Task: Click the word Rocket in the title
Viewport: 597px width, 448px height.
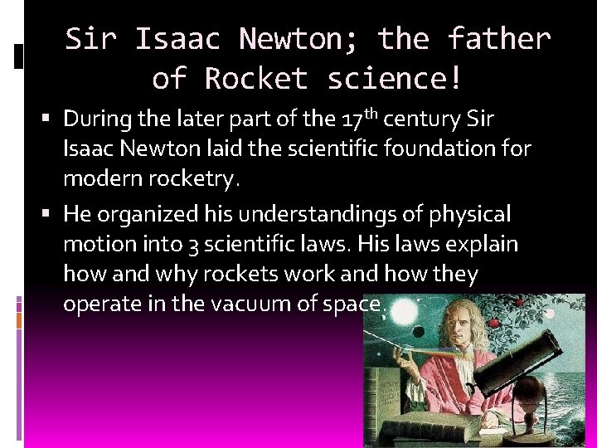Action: [256, 79]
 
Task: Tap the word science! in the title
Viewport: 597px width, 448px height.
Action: [395, 79]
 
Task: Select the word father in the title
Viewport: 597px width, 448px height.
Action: [498, 38]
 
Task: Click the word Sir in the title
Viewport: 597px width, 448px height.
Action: [90, 38]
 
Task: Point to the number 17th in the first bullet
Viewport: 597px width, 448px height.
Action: [358, 119]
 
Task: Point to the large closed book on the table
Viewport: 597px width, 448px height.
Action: [432, 430]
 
